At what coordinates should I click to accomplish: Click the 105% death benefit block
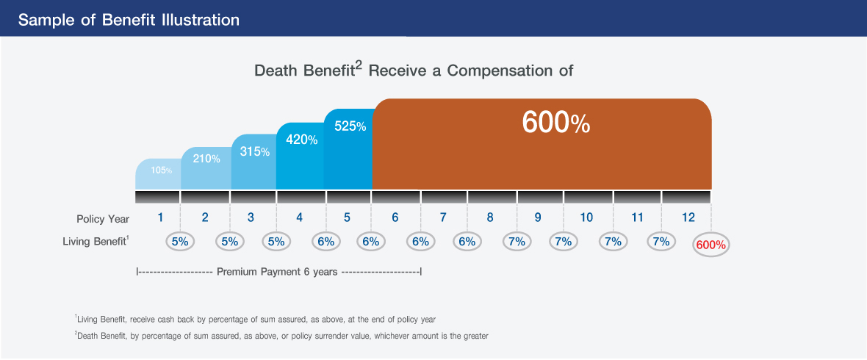pyautogui.click(x=158, y=174)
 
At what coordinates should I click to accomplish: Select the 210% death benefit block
pyautogui.click(x=206, y=168)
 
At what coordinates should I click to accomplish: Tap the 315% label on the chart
pyautogui.click(x=254, y=151)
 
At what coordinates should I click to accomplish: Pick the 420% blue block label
pyautogui.click(x=301, y=140)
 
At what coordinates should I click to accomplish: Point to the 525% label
pyautogui.click(x=350, y=126)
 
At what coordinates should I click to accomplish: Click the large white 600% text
pyautogui.click(x=555, y=123)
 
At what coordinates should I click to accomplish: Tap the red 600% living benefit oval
pyautogui.click(x=711, y=245)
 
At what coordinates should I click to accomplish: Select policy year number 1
pyautogui.click(x=160, y=217)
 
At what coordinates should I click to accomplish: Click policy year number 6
pyautogui.click(x=395, y=217)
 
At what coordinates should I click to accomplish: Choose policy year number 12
pyautogui.click(x=688, y=217)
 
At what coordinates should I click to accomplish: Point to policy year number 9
pyautogui.click(x=537, y=217)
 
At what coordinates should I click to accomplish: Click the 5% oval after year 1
pyautogui.click(x=180, y=242)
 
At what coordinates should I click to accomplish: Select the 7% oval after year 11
pyautogui.click(x=661, y=242)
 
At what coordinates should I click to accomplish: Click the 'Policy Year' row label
pyautogui.click(x=103, y=219)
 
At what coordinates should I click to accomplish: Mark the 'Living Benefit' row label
pyautogui.click(x=96, y=242)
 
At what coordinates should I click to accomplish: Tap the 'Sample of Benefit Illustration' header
pyautogui.click(x=129, y=21)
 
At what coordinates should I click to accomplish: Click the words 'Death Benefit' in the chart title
pyautogui.click(x=303, y=71)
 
